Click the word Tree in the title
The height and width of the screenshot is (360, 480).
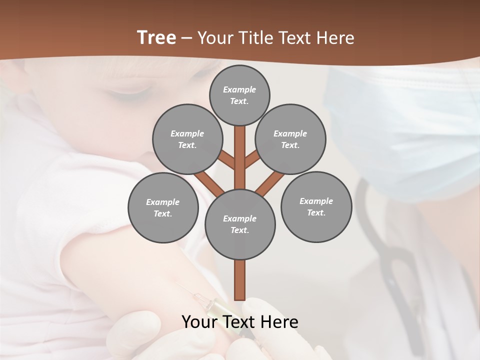[156, 37]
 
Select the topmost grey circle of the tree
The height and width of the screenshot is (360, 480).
[239, 95]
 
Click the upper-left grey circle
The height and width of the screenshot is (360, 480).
[187, 139]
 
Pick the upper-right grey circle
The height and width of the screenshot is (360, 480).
[290, 139]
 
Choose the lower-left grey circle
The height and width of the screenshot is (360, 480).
[163, 207]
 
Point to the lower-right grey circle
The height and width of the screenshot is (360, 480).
[316, 206]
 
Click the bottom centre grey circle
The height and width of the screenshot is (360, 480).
[240, 224]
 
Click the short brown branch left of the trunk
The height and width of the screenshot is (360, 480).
[226, 159]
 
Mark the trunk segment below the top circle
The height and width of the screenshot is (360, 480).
[240, 150]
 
